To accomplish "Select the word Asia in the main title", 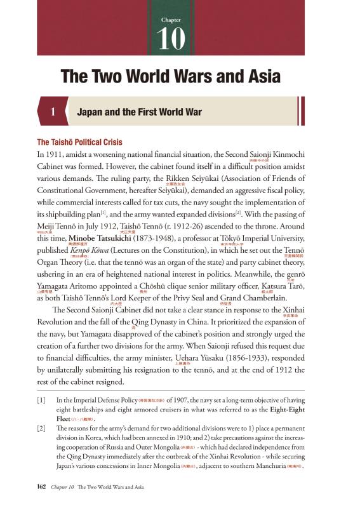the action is click(x=257, y=77).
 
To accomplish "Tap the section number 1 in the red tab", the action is click(x=54, y=112).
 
